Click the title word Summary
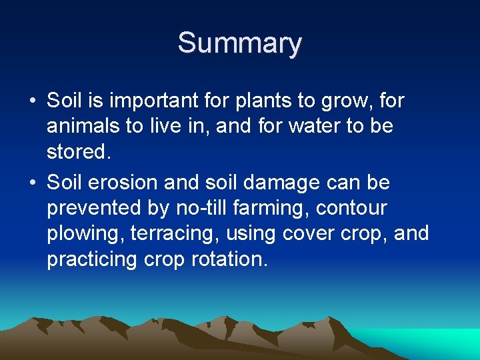pyautogui.click(x=240, y=43)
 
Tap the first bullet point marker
pyautogui.click(x=32, y=101)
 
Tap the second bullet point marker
pyautogui.click(x=32, y=183)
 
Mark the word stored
pyautogui.click(x=77, y=152)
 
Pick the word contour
pyautogui.click(x=351, y=209)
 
